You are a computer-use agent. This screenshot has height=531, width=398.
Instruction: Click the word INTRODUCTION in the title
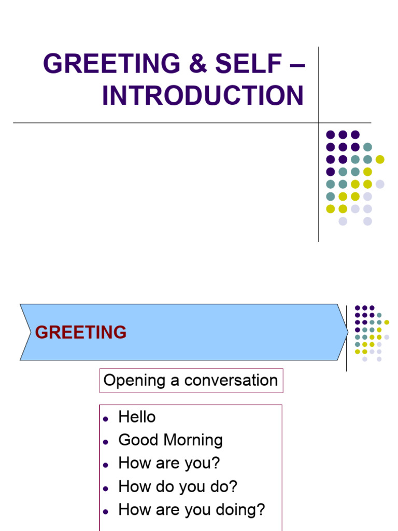203,95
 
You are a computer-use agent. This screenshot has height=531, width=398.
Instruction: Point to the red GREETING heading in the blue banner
80,332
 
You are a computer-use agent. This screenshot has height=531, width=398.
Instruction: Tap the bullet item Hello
137,417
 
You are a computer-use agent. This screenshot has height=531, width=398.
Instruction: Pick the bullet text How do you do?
178,486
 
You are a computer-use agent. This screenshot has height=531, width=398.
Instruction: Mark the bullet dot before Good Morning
105,442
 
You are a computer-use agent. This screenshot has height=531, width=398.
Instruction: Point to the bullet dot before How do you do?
105,488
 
